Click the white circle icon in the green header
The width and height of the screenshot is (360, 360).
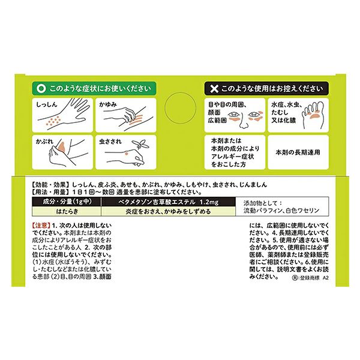(x=41, y=89)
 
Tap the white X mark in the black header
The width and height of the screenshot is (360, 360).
(x=214, y=89)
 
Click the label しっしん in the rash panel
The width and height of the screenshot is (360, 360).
(x=47, y=104)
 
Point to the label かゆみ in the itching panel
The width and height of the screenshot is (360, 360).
(x=108, y=104)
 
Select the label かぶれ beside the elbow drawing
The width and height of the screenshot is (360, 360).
(x=44, y=142)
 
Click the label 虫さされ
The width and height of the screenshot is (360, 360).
(x=110, y=142)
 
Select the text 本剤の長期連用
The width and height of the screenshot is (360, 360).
(x=298, y=152)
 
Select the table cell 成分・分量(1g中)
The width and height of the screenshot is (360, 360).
(x=67, y=202)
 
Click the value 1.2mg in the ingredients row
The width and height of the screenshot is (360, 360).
(x=209, y=202)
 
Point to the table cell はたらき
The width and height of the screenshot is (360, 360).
(x=67, y=211)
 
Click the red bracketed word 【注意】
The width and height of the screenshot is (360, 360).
(x=41, y=225)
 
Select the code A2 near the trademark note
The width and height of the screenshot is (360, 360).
(x=326, y=278)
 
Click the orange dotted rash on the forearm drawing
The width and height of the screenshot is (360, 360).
(x=53, y=121)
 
